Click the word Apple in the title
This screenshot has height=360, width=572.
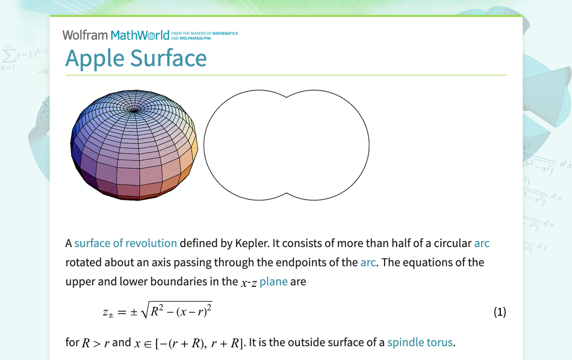tap(95, 58)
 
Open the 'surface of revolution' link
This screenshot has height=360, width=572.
tap(125, 244)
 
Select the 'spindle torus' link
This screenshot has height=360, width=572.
tap(420, 342)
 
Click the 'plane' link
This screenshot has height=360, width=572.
tap(274, 281)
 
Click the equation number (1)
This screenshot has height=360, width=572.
tap(499, 312)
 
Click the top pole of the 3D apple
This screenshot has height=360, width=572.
tap(133, 108)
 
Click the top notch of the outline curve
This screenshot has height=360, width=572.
tap(286, 98)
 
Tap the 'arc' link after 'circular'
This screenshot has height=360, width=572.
tap(481, 244)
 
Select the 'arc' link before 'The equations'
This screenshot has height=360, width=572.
tap(368, 263)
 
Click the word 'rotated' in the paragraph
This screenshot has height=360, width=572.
tap(83, 263)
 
